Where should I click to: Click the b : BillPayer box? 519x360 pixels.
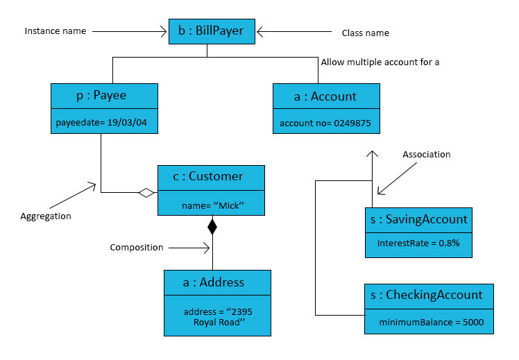(x=212, y=31)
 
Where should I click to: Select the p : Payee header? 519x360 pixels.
(x=104, y=96)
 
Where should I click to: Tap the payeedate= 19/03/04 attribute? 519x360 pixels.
(x=101, y=122)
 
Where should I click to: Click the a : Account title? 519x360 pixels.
(x=326, y=96)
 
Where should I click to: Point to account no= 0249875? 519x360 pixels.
(x=325, y=123)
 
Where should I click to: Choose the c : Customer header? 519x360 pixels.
(x=211, y=178)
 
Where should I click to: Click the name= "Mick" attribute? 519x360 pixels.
(x=213, y=205)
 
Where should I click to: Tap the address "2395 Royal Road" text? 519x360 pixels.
(x=218, y=317)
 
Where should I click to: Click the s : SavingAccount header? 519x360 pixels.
(x=418, y=220)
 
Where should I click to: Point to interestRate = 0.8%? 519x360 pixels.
(x=418, y=243)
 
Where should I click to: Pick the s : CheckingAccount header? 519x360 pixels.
(x=429, y=296)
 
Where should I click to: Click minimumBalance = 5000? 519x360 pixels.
(x=432, y=322)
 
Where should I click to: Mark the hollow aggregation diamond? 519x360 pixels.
(x=146, y=193)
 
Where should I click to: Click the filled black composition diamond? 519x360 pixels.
(x=212, y=227)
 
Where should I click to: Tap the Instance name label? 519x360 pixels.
(x=56, y=31)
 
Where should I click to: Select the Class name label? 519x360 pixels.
(x=366, y=33)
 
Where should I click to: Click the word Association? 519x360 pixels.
(x=426, y=155)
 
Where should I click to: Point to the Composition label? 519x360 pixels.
(x=137, y=248)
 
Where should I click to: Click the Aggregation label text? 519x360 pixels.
(x=46, y=216)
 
